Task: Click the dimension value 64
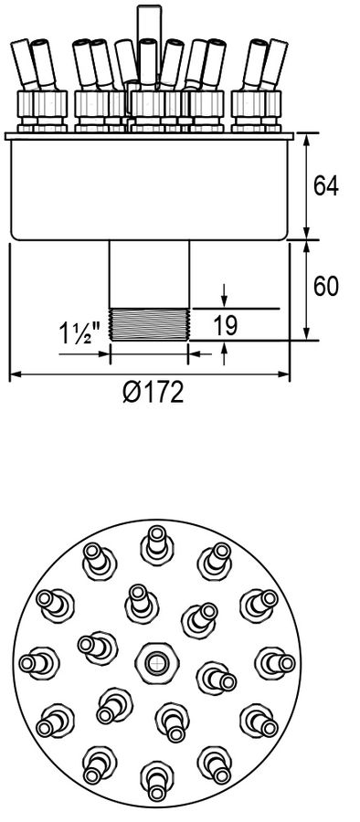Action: pos(326,186)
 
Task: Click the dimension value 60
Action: pos(326,286)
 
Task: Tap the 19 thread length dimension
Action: pos(226,325)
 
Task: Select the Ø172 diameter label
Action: pos(154,392)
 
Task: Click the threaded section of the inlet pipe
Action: pos(149,324)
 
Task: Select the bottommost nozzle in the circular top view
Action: pos(156,781)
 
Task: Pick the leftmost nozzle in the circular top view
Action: pos(39,663)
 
